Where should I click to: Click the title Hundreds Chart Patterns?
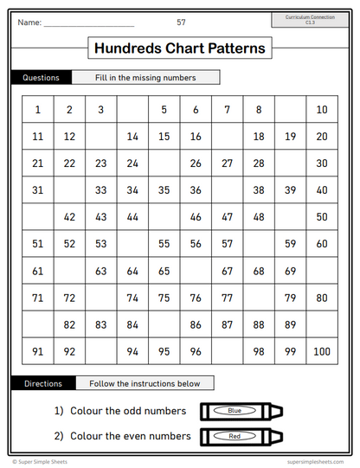(180, 48)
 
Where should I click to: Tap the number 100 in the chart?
(322, 351)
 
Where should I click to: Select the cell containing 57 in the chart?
(227, 244)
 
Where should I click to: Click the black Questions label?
(41, 78)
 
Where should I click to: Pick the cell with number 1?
(38, 110)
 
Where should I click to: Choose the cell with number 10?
(322, 110)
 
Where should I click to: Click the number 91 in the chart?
(38, 351)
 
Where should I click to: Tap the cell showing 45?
(164, 217)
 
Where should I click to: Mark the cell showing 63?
(101, 271)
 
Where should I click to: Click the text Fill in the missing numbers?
(145, 78)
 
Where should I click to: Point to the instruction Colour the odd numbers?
(120, 410)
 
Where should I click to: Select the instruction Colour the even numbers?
(121, 436)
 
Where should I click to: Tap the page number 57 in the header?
(181, 22)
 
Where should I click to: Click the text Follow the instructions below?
(145, 383)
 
